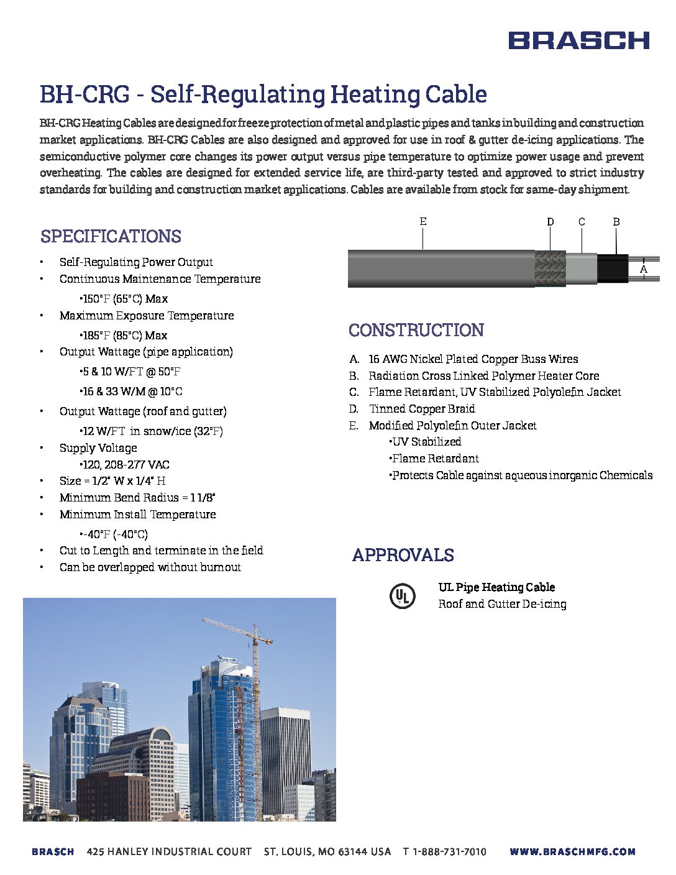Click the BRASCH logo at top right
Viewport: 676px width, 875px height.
(578, 40)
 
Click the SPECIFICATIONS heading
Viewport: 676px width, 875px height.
(111, 236)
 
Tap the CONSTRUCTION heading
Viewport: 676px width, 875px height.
(416, 330)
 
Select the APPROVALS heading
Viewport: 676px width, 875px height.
(403, 555)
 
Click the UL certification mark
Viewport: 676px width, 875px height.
(402, 596)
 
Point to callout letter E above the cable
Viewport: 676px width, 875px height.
(423, 222)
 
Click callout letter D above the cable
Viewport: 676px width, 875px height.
(550, 222)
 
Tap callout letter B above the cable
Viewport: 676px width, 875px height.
(616, 222)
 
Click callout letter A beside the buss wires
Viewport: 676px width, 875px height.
(644, 269)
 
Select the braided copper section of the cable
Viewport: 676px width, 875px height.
(550, 268)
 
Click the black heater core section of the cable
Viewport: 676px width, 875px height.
(613, 268)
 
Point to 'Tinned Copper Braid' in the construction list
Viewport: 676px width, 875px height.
(422, 408)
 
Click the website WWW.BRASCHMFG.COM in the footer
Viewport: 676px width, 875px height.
(572, 851)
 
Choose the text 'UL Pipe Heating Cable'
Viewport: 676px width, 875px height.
(496, 587)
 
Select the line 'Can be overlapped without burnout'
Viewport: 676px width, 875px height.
(150, 567)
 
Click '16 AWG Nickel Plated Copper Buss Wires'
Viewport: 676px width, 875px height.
(473, 359)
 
